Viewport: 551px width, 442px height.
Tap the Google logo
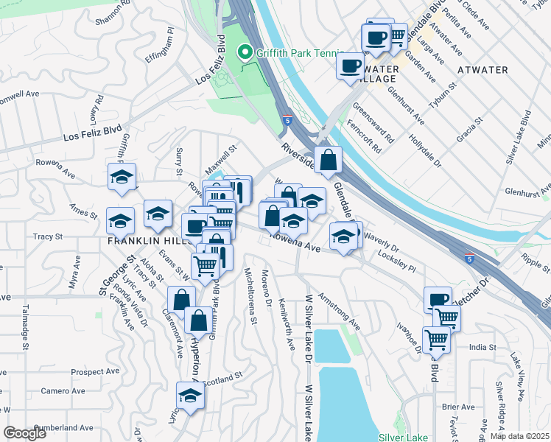pyautogui.click(x=26, y=433)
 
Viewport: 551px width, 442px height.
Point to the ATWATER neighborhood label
pyautogui.click(x=482, y=70)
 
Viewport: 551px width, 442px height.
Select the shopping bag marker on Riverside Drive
pyautogui.click(x=328, y=159)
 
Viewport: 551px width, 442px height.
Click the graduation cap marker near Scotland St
pyautogui.click(x=190, y=396)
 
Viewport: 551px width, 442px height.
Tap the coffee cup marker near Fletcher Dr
pyautogui.click(x=438, y=300)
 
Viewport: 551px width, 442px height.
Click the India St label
pyautogui.click(x=482, y=347)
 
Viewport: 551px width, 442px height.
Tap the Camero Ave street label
pyautogui.click(x=58, y=390)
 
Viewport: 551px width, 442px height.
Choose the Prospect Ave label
pyautogui.click(x=96, y=372)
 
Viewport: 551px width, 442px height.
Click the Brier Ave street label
pyautogui.click(x=458, y=407)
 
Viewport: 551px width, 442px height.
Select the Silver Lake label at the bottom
pyautogui.click(x=402, y=435)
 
